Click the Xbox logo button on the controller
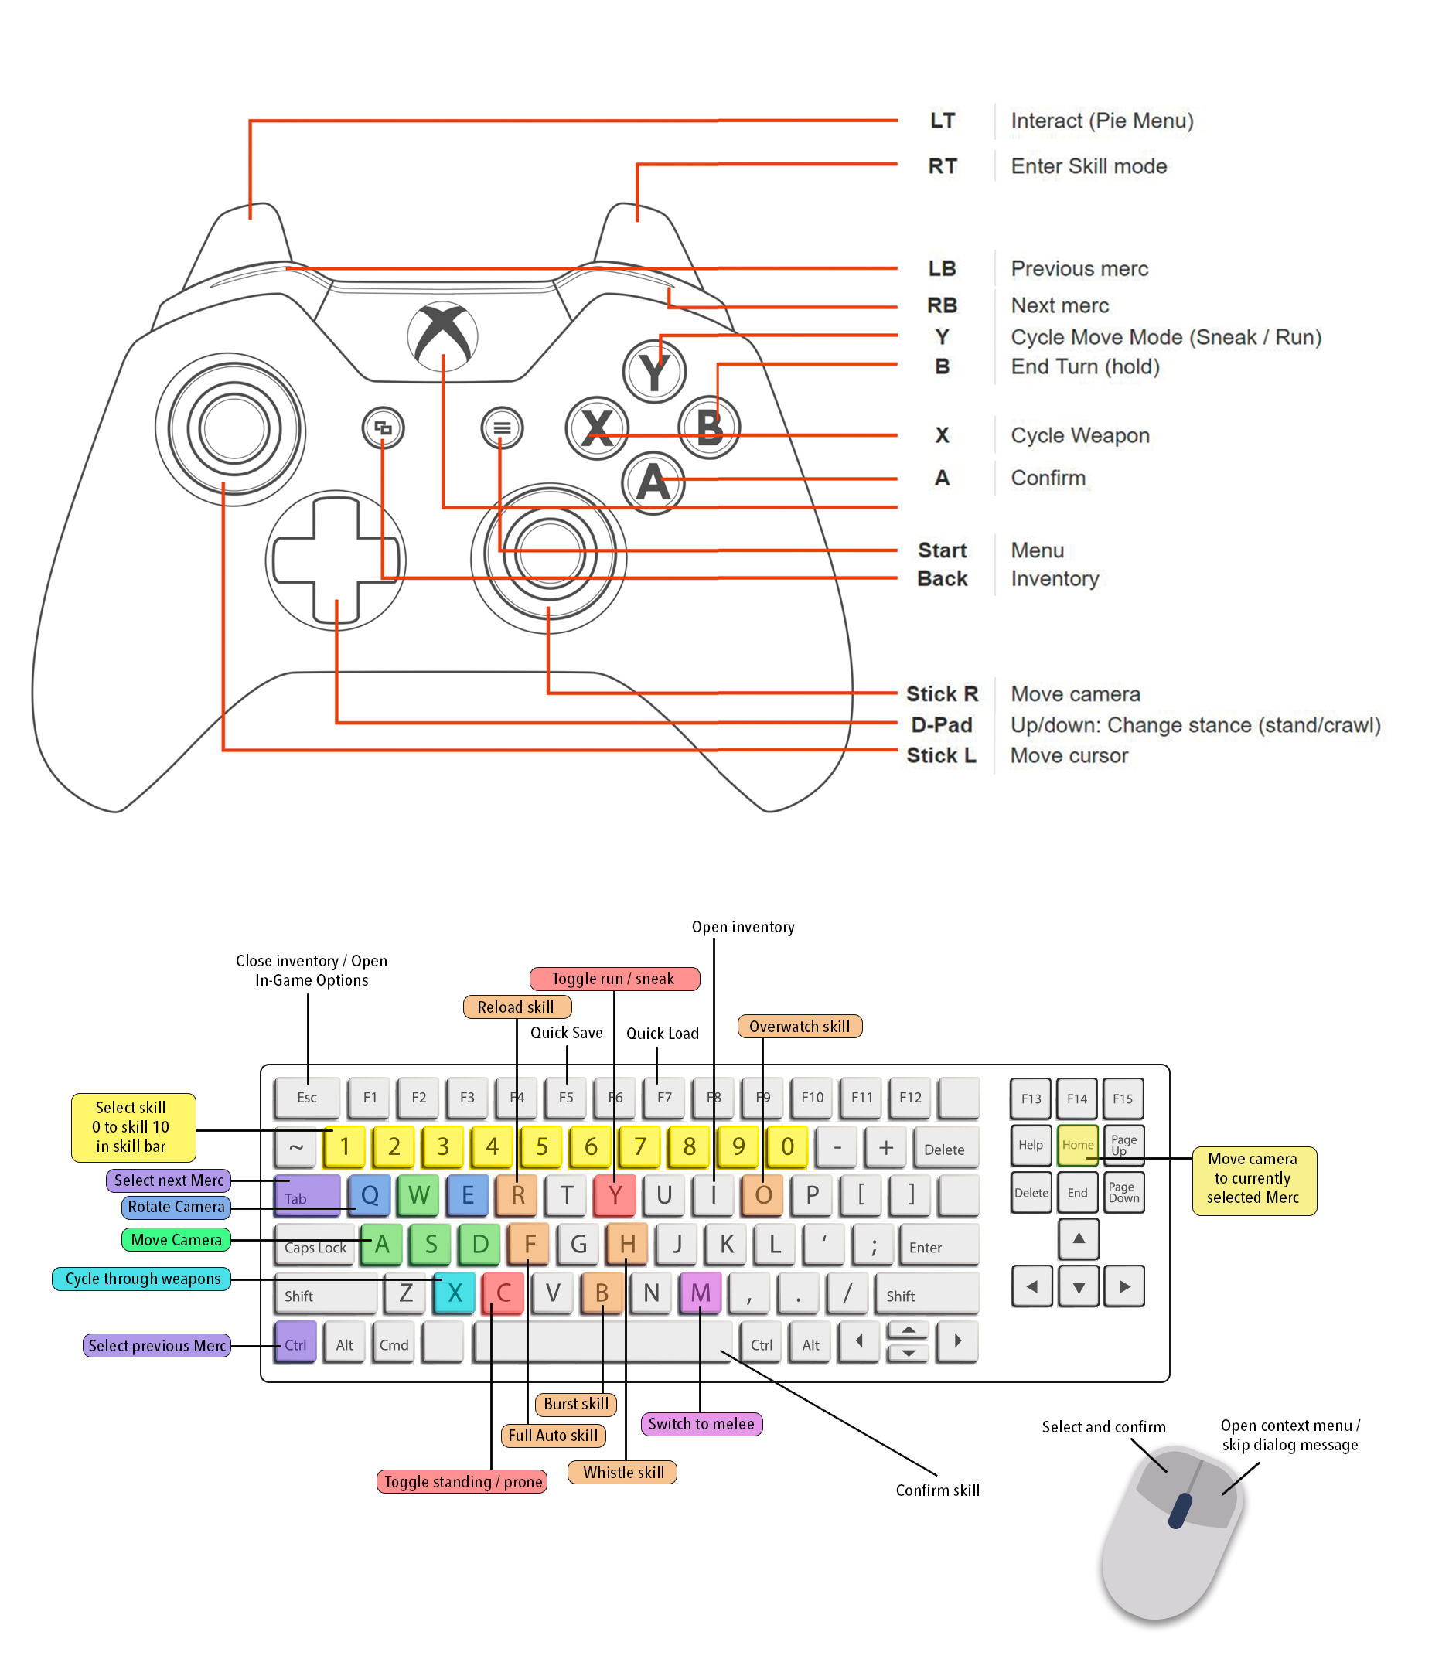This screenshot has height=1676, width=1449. [x=442, y=336]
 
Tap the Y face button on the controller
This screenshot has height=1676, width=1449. [x=653, y=371]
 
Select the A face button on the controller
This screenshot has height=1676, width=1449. [x=653, y=483]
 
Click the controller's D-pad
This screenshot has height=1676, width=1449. [x=336, y=560]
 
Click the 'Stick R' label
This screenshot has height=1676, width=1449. [x=942, y=694]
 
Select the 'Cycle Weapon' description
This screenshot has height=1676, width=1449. [x=1079, y=435]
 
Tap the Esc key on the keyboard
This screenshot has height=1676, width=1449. [x=307, y=1097]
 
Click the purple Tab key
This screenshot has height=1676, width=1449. [x=307, y=1195]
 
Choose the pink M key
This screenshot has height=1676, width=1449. [x=700, y=1293]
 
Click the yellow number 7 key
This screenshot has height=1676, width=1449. [x=639, y=1146]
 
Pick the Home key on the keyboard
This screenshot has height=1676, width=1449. [x=1077, y=1145]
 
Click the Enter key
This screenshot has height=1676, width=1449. [x=939, y=1244]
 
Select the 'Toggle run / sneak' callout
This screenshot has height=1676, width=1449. [x=614, y=978]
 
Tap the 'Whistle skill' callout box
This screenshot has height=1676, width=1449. [x=622, y=1471]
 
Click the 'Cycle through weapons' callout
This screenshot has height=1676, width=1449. [x=141, y=1278]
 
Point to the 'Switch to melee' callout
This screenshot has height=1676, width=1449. [x=701, y=1424]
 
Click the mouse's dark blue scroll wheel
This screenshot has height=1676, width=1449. [x=1181, y=1511]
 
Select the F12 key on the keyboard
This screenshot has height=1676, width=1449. [x=910, y=1097]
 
